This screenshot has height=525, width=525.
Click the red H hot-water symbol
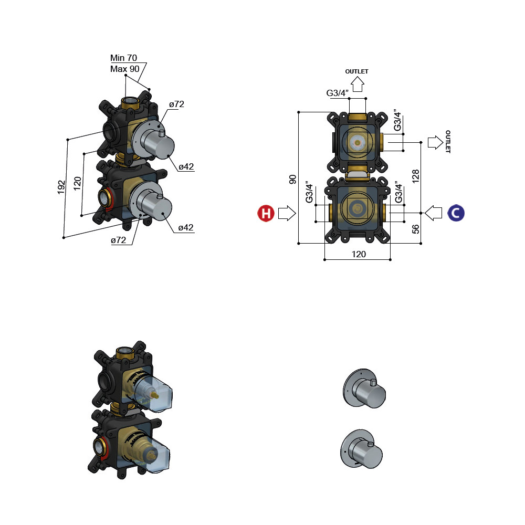[266, 213]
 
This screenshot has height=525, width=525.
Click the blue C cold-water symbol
[456, 213]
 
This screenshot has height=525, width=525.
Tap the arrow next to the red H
[287, 213]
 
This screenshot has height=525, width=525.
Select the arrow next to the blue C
[434, 213]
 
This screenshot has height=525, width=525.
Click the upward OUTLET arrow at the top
[358, 84]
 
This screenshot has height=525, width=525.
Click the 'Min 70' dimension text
[123, 58]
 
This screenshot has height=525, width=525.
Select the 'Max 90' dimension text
[124, 69]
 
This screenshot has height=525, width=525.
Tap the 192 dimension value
[61, 187]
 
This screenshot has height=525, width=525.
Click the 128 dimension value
[415, 176]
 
